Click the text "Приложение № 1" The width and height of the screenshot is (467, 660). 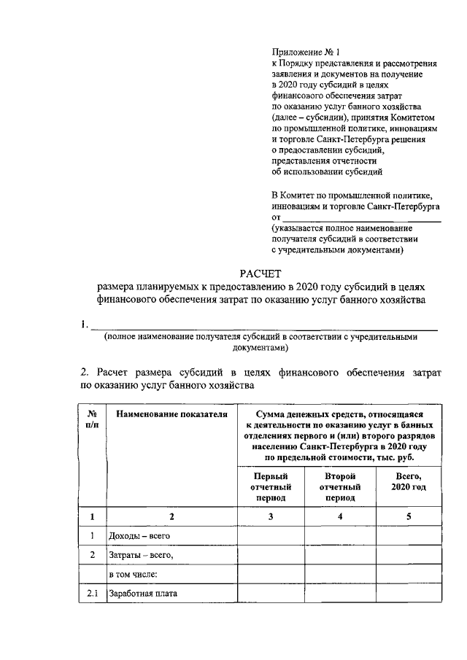coord(302,53)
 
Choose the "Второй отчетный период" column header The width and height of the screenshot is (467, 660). coord(339,486)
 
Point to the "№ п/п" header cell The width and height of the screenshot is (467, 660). coord(93,419)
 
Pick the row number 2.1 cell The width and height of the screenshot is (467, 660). coord(93,594)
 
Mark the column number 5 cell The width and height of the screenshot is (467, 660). coord(408,516)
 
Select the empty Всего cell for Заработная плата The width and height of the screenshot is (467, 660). coord(408,594)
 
